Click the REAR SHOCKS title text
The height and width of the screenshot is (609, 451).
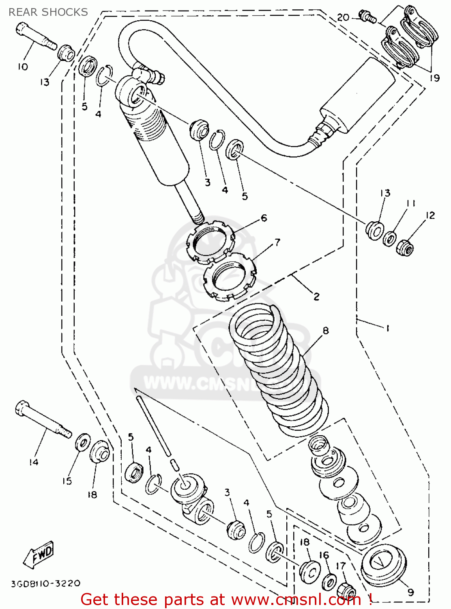tap(48, 12)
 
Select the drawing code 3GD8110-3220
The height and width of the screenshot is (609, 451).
tap(45, 584)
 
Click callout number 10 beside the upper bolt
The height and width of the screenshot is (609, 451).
tap(23, 67)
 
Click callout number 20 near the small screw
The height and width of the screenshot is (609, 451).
tap(343, 17)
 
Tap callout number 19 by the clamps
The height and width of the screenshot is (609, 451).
tap(434, 78)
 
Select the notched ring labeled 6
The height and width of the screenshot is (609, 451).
tap(210, 241)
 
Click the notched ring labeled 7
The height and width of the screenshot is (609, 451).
tap(229, 277)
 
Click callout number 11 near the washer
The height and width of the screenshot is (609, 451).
tap(411, 203)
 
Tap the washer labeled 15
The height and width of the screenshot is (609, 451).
tap(83, 442)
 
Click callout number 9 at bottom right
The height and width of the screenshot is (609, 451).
tap(410, 592)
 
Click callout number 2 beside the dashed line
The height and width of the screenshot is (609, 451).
tap(316, 296)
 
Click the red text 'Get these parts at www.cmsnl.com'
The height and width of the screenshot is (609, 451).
tap(226, 600)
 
